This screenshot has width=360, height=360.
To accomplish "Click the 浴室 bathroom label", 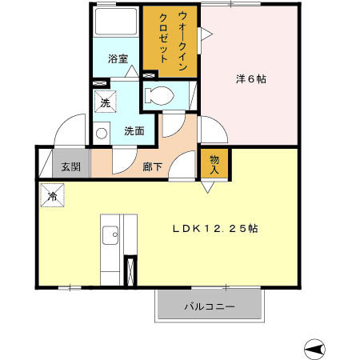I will click(x=118, y=58).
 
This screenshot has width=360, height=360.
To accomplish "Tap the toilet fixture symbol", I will click(x=159, y=95).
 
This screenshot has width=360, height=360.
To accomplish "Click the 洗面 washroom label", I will click(x=133, y=130).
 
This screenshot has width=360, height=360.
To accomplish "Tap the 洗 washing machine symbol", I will click(x=105, y=102).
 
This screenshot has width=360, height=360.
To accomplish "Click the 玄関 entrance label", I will click(x=70, y=167).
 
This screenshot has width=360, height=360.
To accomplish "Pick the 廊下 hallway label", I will click(x=153, y=167).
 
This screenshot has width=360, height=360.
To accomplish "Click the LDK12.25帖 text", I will click(x=214, y=228).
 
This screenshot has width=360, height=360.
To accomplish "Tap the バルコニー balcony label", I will click(x=210, y=306).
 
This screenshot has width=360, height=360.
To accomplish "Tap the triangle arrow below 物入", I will click(x=207, y=187).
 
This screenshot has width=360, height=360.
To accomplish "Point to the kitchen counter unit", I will click(x=118, y=248).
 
